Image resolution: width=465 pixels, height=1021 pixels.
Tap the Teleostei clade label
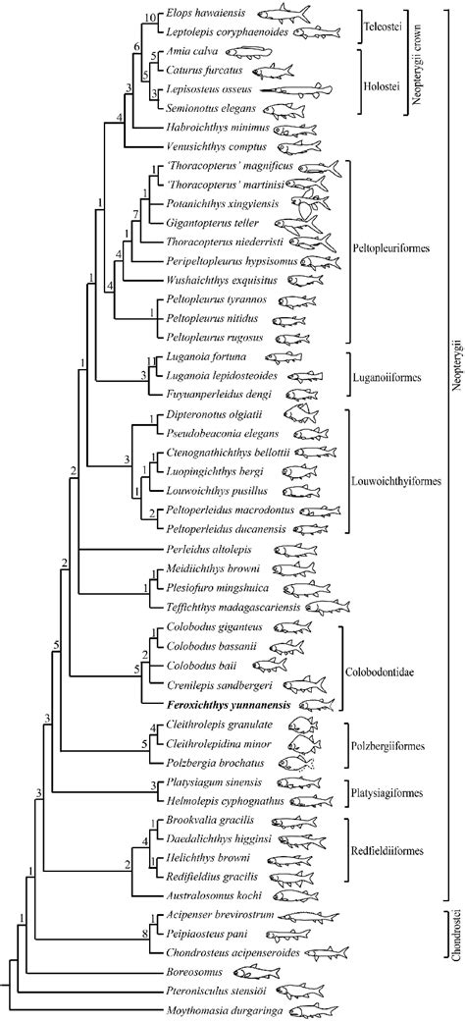coord(377,23)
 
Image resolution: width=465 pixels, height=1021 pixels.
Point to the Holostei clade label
coord(378,91)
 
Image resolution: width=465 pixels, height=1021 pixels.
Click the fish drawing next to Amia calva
coord(248,54)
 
